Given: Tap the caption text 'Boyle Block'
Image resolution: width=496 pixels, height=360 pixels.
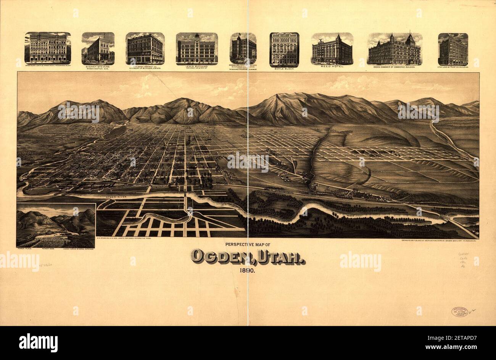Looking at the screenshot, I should [284, 69].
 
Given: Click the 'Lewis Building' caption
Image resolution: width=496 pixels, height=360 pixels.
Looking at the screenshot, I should [197, 66].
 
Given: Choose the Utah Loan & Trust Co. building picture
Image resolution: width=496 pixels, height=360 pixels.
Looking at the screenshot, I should [453, 49].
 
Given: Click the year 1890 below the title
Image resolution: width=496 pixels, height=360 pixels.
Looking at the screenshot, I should [248, 271].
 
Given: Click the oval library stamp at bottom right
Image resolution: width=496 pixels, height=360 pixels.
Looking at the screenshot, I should [459, 312].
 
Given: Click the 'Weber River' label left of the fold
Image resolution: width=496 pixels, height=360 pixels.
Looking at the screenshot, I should [116, 197].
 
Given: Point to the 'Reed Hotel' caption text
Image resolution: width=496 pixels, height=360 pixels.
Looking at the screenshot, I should [332, 67].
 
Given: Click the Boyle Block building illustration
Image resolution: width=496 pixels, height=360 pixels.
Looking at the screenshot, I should [284, 49].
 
